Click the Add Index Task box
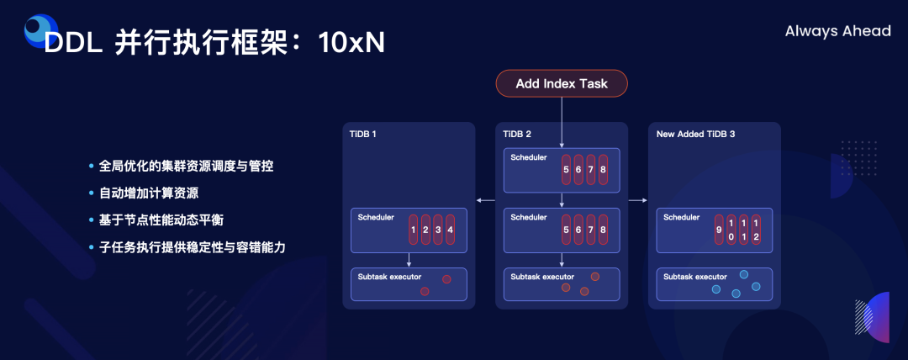tap(562, 83)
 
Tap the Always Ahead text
tap(837, 31)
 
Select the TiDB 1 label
tap(362, 134)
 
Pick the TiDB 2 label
tap(517, 134)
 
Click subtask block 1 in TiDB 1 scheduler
tap(413, 230)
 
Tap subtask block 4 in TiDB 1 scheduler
tap(450, 230)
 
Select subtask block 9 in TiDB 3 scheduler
tap(718, 230)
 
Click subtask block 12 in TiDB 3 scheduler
tap(755, 230)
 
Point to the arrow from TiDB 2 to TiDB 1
tap(484, 200)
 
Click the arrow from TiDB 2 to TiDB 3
tap(638, 200)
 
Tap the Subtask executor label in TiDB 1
tap(389, 277)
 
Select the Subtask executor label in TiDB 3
tap(695, 277)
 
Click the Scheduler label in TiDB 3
tap(681, 217)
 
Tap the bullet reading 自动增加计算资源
tap(148, 193)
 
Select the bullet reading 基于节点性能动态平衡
tap(161, 220)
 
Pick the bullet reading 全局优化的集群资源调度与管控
tap(186, 166)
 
